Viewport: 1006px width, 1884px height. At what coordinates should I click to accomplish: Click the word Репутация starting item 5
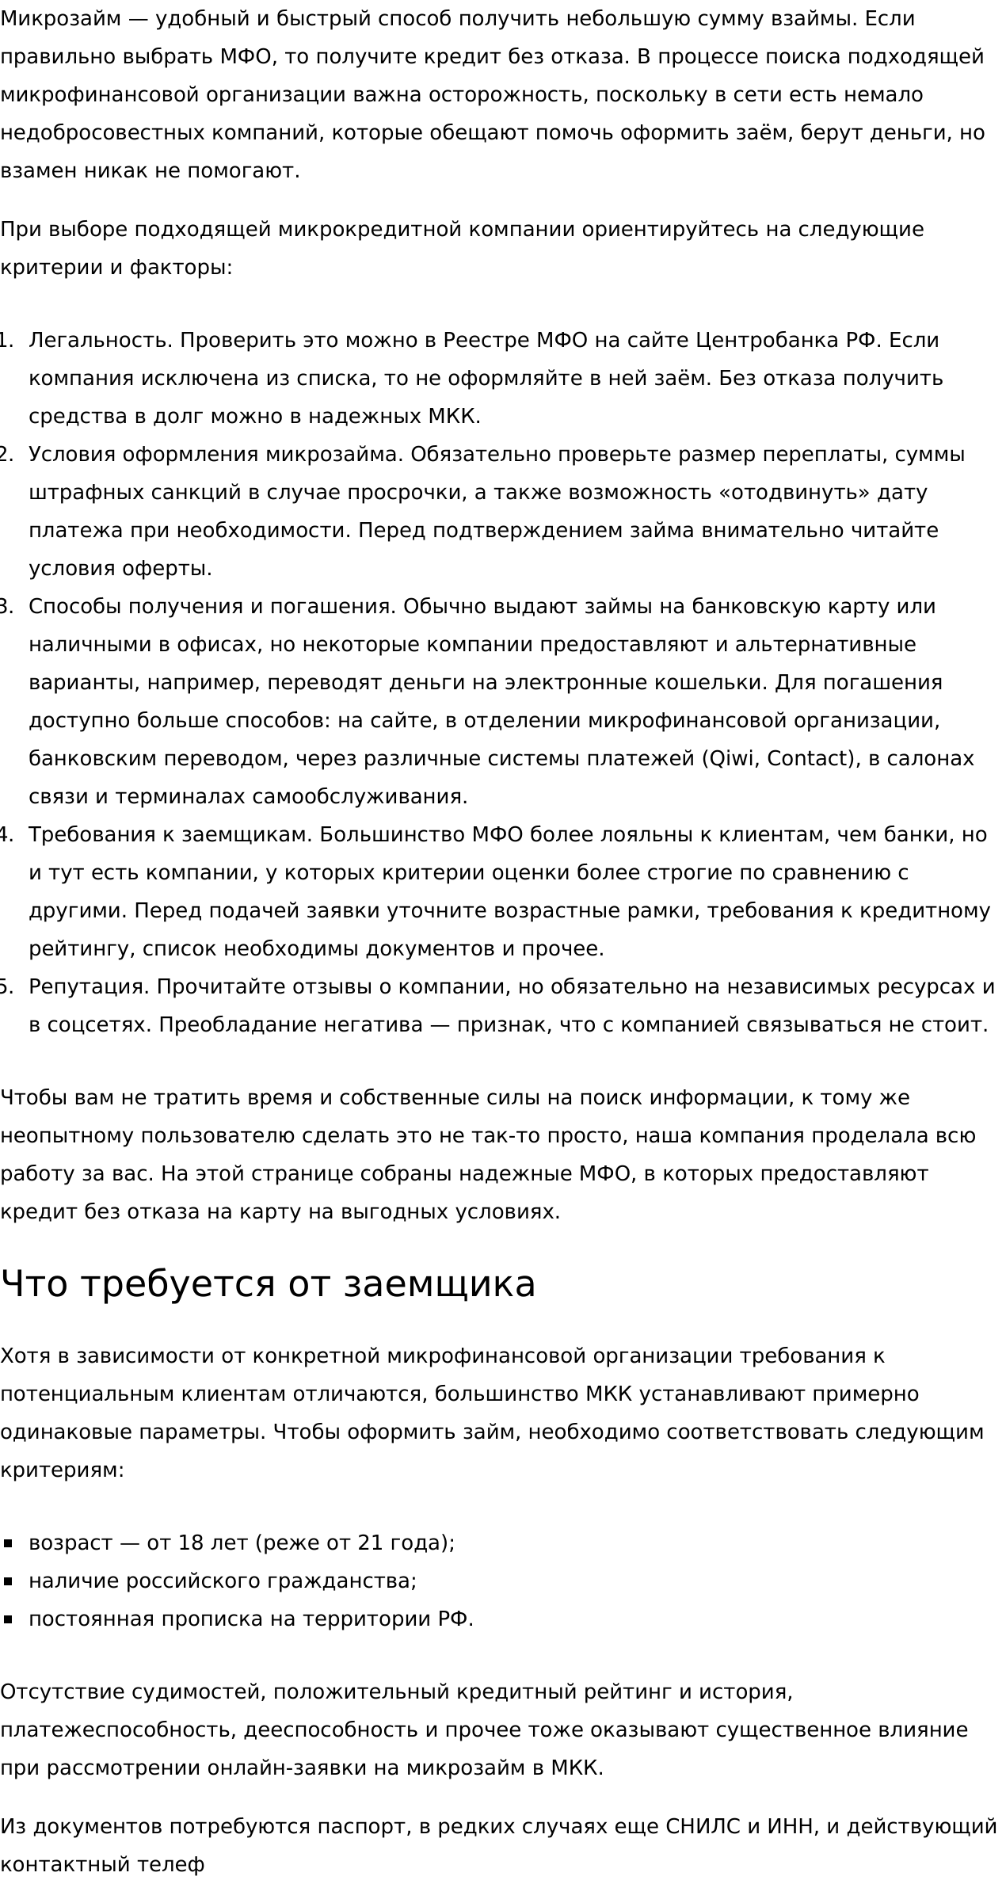(x=90, y=987)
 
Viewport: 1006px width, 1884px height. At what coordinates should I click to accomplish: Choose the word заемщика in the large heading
(x=440, y=1284)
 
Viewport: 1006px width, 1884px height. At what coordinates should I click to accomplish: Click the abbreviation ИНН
(x=789, y=1827)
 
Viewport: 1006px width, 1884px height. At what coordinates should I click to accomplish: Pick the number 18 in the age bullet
(x=191, y=1543)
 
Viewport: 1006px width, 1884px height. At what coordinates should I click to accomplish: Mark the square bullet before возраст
(x=8, y=1543)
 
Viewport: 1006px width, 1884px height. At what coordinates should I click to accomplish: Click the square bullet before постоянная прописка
(x=8, y=1619)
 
